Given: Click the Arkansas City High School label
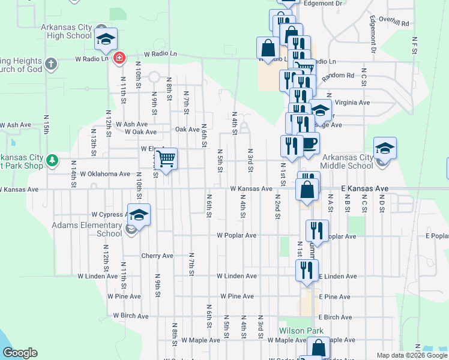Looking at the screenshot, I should tap(66, 31).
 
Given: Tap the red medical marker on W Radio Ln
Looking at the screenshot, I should tap(119, 58).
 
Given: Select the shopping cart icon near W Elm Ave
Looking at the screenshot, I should tap(166, 159).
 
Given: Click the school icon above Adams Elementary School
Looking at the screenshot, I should tap(139, 215).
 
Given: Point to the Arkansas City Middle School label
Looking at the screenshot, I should tap(346, 161).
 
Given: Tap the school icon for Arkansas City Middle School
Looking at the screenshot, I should tap(385, 148).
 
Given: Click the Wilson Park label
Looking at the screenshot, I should tap(301, 331).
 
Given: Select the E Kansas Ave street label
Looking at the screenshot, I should tap(365, 188).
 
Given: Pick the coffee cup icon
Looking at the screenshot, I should tap(309, 143).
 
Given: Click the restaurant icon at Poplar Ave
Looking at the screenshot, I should tap(317, 230).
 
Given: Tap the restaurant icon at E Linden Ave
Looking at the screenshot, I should tap(307, 270).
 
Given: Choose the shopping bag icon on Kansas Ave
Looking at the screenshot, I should tap(307, 189).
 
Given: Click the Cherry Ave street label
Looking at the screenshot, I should tap(157, 256).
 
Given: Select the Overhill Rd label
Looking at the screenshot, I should tap(394, 23).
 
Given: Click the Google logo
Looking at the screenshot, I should tap(19, 353).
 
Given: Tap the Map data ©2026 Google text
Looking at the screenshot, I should tap(411, 355).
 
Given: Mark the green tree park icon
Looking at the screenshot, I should tap(53, 160).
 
